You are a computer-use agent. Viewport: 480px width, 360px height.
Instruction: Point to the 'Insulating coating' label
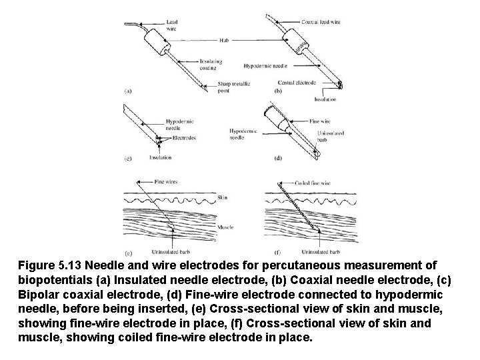(x=211, y=65)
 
